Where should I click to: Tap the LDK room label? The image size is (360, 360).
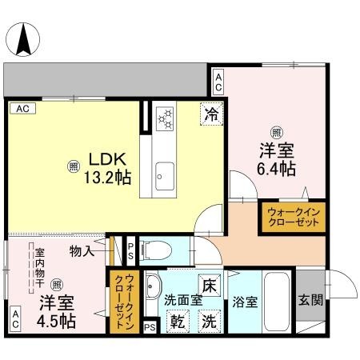point(106,158)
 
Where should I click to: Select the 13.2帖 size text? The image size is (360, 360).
point(106,175)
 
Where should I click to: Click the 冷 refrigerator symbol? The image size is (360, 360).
point(210,114)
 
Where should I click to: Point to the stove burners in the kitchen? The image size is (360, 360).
point(166,118)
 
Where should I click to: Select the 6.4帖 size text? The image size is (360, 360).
point(277,168)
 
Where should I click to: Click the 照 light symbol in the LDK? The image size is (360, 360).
point(73,166)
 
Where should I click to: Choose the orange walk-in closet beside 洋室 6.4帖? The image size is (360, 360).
point(292,216)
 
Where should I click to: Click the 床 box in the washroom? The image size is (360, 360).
point(207,283)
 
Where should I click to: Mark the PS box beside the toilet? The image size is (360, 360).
point(130,250)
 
